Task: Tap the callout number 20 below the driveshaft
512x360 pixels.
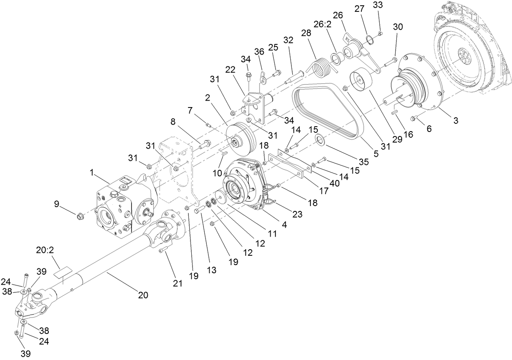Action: tap(143, 295)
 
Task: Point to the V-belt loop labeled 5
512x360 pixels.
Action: tap(326, 110)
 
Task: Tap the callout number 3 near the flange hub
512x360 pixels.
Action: tap(456, 121)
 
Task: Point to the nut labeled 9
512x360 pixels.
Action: tap(79, 214)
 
